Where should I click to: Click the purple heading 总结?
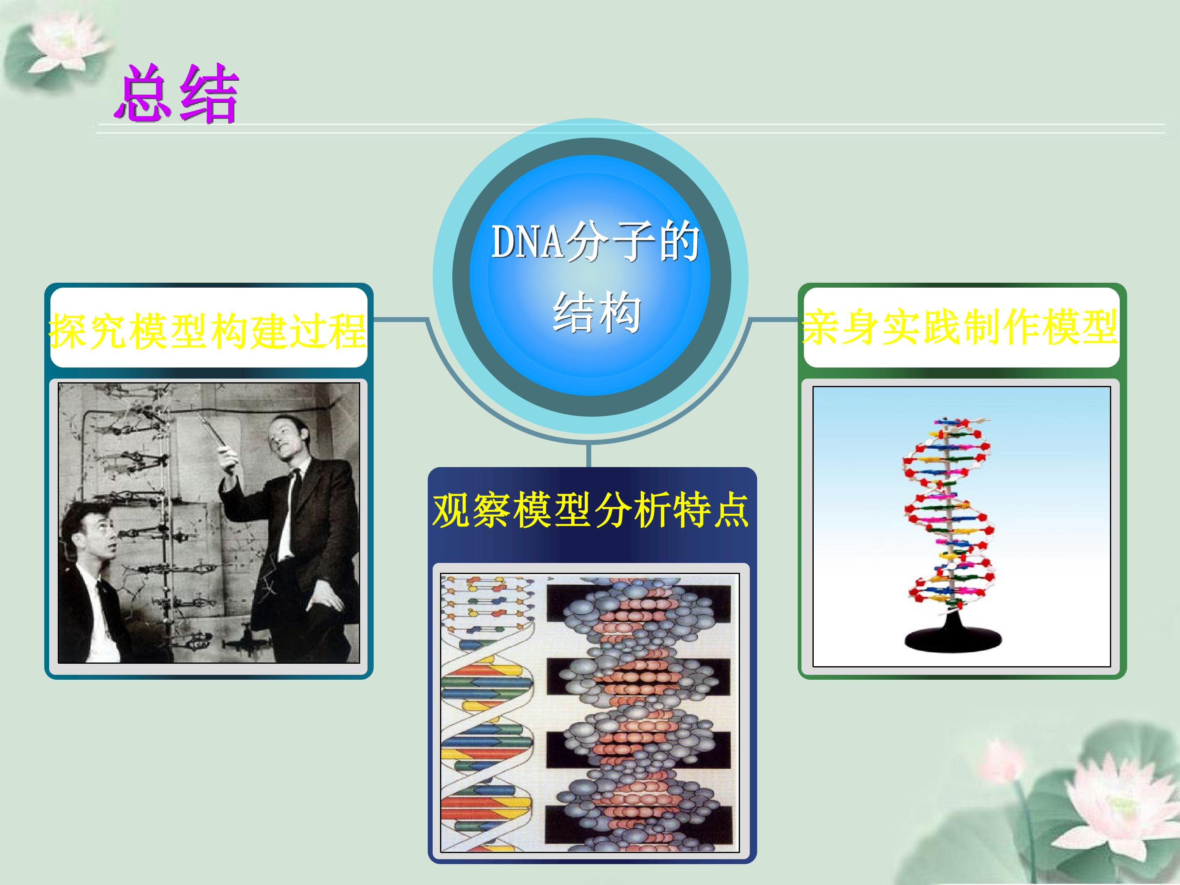[x=176, y=93]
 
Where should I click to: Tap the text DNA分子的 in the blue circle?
[x=595, y=242]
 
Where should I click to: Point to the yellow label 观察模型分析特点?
[x=591, y=510]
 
